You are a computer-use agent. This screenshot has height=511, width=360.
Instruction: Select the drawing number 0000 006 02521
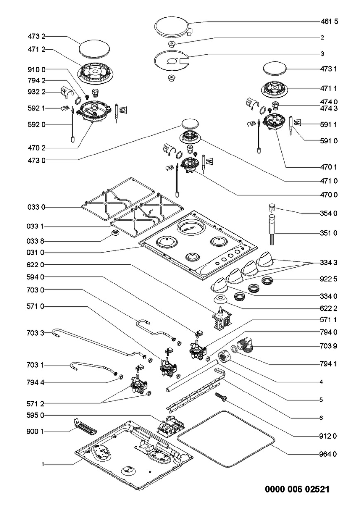tap(297, 496)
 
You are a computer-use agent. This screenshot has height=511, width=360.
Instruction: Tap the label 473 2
tap(37, 36)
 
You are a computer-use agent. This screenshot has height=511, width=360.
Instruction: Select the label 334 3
tap(329, 263)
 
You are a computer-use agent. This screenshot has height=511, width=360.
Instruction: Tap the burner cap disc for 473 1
tap(275, 69)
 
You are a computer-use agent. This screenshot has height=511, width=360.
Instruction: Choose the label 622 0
tap(35, 265)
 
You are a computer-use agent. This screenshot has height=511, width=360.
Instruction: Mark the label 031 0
tap(35, 252)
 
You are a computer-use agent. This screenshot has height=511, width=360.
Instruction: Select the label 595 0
tap(35, 415)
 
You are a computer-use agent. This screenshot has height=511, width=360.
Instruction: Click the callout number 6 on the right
tap(321, 418)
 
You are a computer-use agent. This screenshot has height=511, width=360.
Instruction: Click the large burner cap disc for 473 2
tap(94, 49)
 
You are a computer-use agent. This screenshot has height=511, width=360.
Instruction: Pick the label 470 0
tap(329, 195)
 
